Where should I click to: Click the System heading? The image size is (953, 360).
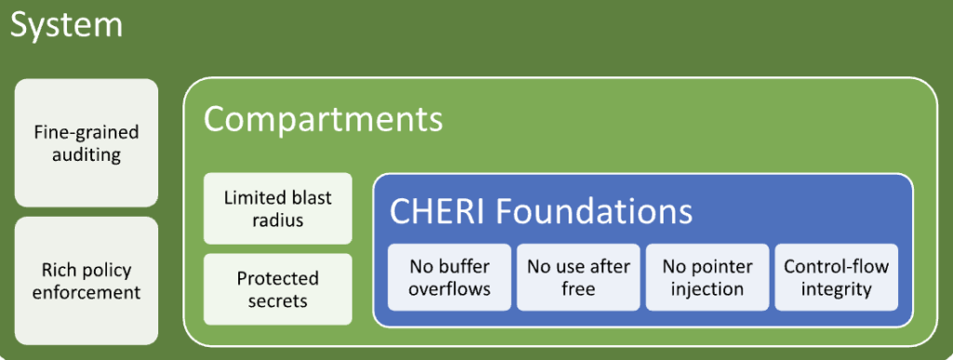pos(66,24)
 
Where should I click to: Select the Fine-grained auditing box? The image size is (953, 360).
pos(86,143)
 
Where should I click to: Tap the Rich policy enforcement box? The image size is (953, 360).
pos(86,281)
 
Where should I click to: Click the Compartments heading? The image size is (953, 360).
pos(323,119)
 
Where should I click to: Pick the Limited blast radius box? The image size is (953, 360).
pos(277,208)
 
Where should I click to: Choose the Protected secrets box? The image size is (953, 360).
pos(277,289)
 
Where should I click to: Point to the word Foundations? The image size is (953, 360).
pos(595,211)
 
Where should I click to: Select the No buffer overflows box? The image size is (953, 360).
pos(450,277)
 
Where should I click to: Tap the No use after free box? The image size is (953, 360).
pos(578,277)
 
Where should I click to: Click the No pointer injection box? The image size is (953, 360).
pos(707,277)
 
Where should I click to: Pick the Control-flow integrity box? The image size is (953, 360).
pos(836,277)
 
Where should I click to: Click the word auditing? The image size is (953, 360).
pos(86,155)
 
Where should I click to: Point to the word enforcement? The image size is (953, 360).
pos(86,293)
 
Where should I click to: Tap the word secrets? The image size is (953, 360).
pos(277,301)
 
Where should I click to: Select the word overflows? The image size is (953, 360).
pos(450,289)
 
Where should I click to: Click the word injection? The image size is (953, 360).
pos(707,289)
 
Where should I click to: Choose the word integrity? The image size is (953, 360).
pos(836,289)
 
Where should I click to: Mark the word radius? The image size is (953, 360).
pos(277,220)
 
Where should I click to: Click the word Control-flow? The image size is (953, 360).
pos(836,266)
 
